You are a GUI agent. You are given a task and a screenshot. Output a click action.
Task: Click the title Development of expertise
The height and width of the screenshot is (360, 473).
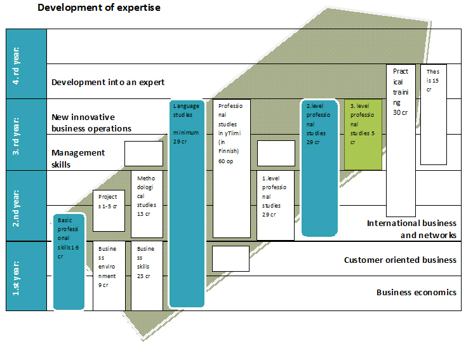(99, 8)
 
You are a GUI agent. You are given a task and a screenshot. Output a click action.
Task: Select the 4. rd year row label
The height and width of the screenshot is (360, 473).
(26, 63)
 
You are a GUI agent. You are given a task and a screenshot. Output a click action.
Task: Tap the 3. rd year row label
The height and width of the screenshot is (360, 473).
(26, 135)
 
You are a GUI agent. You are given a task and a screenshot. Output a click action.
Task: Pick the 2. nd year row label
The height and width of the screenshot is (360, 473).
(26, 206)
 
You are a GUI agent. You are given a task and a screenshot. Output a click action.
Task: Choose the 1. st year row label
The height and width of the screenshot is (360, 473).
(26, 276)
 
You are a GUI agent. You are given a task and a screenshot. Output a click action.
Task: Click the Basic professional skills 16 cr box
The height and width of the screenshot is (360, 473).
(69, 261)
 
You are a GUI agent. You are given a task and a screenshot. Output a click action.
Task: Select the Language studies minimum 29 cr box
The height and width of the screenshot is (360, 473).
(187, 203)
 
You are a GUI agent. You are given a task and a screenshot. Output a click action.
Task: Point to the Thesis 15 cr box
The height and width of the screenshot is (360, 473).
(434, 114)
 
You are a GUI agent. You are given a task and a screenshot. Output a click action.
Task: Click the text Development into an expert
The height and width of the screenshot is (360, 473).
(108, 82)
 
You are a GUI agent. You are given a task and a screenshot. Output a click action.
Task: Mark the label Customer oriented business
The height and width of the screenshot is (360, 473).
(400, 260)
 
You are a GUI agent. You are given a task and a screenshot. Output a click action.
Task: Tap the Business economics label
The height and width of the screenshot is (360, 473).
(416, 292)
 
